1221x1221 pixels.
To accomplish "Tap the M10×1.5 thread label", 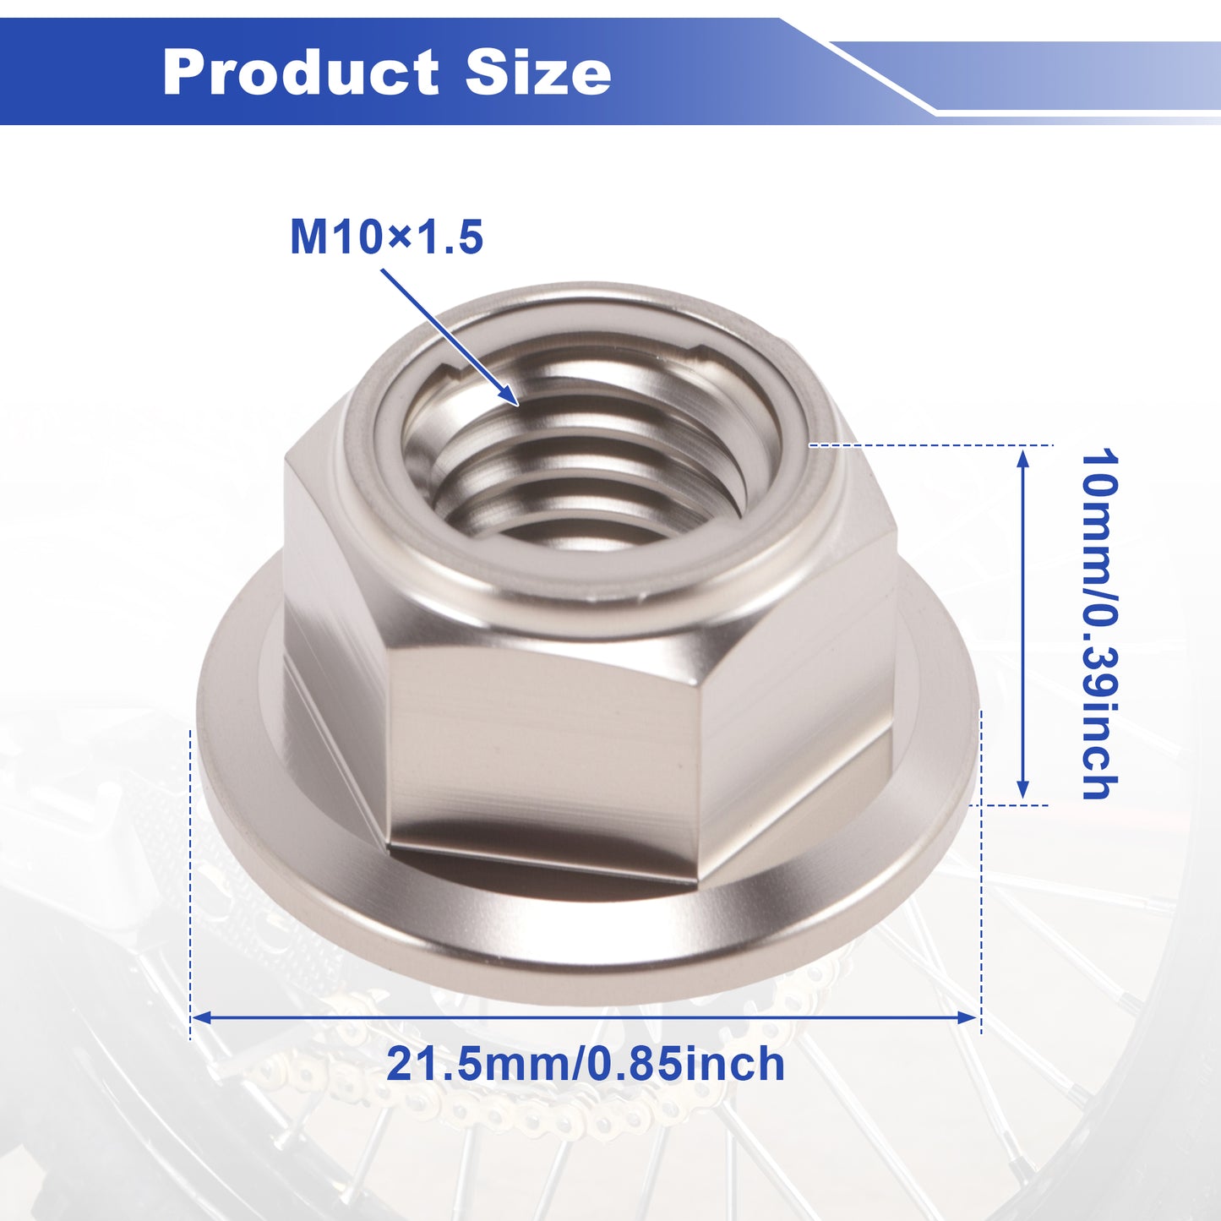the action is click(386, 237).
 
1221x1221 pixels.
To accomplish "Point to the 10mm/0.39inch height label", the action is click(1099, 624).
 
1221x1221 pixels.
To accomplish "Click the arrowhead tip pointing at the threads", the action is click(519, 404).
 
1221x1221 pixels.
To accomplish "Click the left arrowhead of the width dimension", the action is click(193, 1017).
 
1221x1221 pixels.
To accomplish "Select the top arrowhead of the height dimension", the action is click(1022, 449).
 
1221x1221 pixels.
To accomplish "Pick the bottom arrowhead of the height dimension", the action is click(1022, 799).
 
